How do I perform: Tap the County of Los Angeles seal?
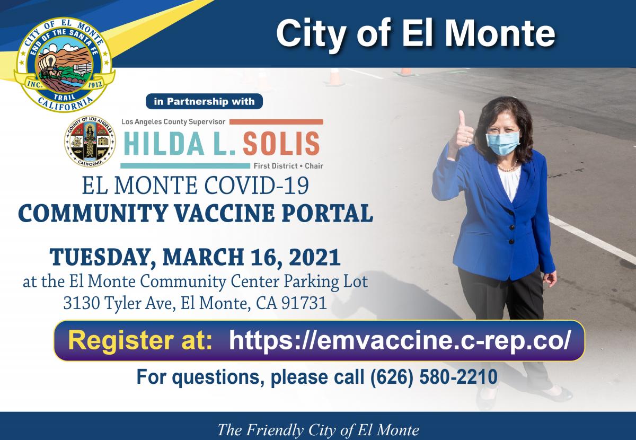90,142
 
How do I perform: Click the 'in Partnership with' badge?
204,101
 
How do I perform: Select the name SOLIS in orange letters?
281,143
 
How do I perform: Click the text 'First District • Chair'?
289,165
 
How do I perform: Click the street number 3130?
82,304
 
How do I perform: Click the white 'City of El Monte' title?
415,33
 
